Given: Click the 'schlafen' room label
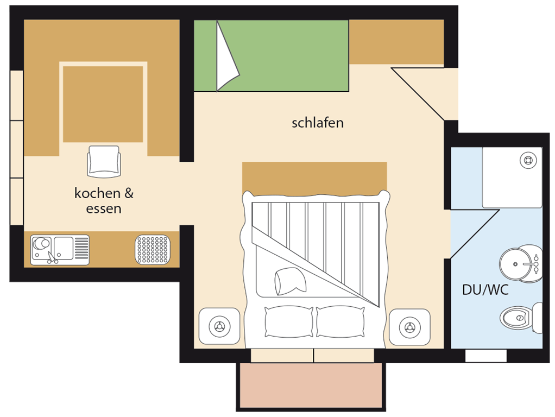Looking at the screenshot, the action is click(x=318, y=123).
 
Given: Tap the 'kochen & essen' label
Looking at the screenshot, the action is click(x=104, y=201).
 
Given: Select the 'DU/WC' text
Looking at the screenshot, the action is click(x=485, y=290).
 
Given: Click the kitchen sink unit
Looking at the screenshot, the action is click(x=60, y=250).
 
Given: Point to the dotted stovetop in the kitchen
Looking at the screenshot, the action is click(x=153, y=250).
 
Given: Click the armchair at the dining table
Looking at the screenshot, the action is click(x=104, y=161).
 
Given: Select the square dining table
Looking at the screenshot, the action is click(x=103, y=104).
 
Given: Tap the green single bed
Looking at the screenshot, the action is click(x=271, y=55).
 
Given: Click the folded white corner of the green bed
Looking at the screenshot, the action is click(x=226, y=56).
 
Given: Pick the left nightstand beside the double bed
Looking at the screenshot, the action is click(x=219, y=326).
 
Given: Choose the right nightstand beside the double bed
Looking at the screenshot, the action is click(x=410, y=327).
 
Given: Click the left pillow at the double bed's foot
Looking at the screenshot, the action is click(x=289, y=321).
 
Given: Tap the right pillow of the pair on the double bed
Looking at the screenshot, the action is click(x=340, y=322).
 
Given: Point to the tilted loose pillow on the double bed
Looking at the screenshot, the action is click(x=290, y=281).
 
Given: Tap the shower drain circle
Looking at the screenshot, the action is click(x=528, y=160).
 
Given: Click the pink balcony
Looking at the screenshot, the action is click(x=311, y=385).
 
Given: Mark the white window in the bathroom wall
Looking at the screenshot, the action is click(x=485, y=356).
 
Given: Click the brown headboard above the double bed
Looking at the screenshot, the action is click(x=314, y=178).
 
